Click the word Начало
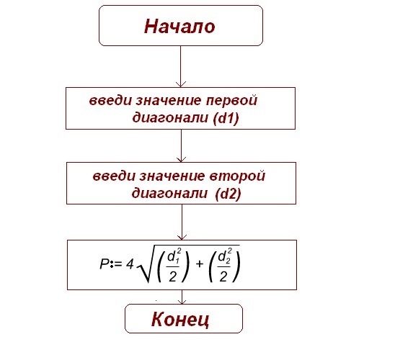(x=179, y=27)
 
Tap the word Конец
(x=180, y=319)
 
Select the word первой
(x=232, y=101)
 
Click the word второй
(x=237, y=176)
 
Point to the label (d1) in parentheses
(x=226, y=118)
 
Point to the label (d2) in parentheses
(x=228, y=193)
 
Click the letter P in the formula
(x=105, y=264)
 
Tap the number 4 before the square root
(x=130, y=264)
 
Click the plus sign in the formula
(x=199, y=264)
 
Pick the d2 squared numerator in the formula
(x=225, y=256)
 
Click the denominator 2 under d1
(x=172, y=276)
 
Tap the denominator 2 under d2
(x=223, y=276)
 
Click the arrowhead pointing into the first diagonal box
(x=181, y=84)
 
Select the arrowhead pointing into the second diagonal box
(x=181, y=159)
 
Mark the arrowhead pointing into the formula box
(x=182, y=237)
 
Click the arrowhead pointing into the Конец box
(x=182, y=302)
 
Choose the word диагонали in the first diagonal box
(x=170, y=118)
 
